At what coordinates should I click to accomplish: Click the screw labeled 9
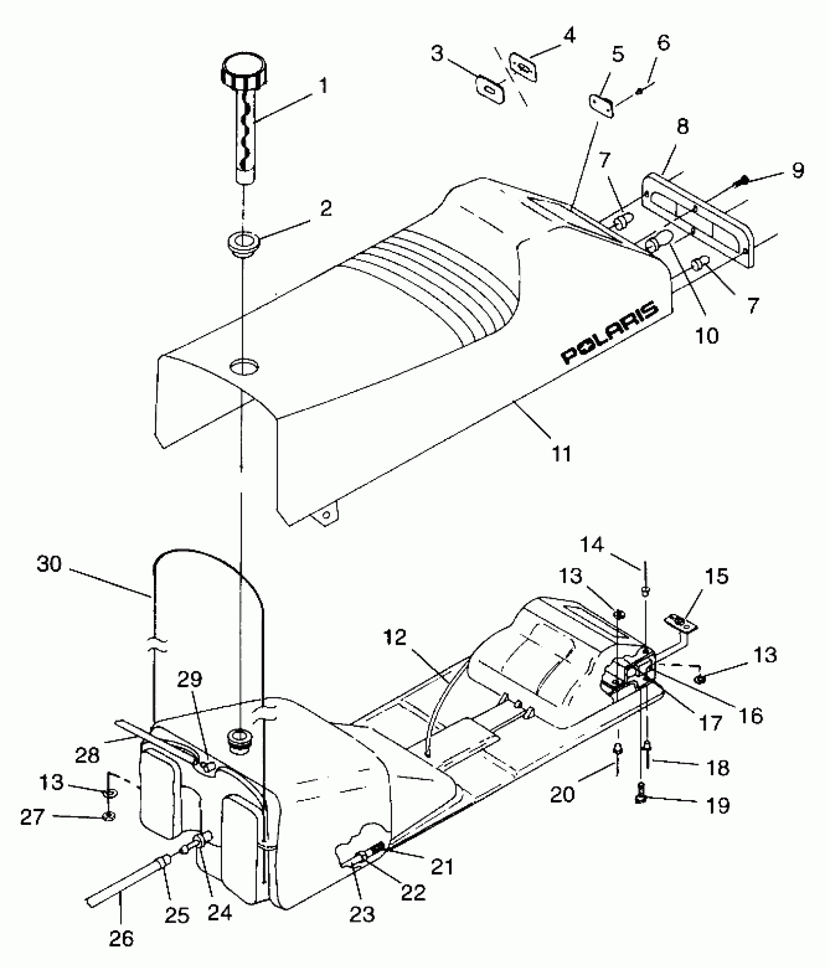[738, 183]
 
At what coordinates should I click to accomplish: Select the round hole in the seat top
[244, 366]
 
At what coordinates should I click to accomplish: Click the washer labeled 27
[109, 816]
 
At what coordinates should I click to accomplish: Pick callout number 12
[394, 637]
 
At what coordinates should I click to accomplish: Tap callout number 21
[442, 867]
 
